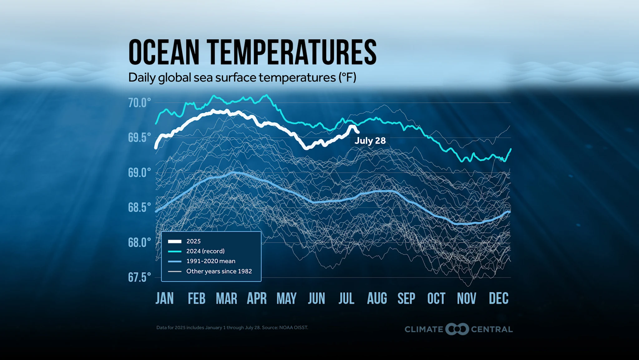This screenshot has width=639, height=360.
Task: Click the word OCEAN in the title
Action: coord(164,52)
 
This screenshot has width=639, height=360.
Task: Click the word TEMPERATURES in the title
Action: coord(291,52)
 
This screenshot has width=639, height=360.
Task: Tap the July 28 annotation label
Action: coord(370,141)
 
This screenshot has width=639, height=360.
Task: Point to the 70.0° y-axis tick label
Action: coord(139,103)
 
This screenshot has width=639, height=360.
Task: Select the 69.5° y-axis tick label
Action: coord(139,137)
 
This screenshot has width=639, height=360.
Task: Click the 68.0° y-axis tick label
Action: coord(139,242)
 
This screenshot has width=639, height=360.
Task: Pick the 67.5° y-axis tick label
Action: coord(139,277)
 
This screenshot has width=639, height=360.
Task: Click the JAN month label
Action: coord(164,298)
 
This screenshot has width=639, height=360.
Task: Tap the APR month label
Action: coord(256,298)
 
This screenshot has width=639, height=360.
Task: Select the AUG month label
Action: coord(377,298)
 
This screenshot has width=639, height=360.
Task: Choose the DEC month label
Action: coord(498,298)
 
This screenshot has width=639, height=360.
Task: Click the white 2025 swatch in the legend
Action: coord(174,241)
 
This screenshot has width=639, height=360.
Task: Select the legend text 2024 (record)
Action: coord(205,251)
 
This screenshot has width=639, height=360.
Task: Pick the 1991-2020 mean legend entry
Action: coord(211,261)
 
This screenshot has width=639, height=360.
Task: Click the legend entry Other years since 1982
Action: coord(219,271)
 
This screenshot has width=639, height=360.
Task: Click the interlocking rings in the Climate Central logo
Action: coord(457,329)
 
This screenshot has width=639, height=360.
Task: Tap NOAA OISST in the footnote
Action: coord(293,328)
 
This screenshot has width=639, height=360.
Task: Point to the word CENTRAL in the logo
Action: coord(491,329)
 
